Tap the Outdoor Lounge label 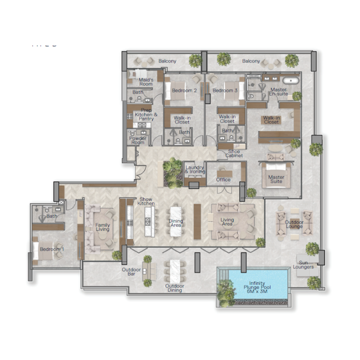tap(294, 224)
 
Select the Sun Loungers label tap(308, 264)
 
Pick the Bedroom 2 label tap(184, 90)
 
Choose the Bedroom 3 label tap(225, 90)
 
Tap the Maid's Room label tap(146, 82)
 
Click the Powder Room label tap(138, 140)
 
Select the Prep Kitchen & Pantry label tap(146, 115)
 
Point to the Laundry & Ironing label tap(195, 169)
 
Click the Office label tap(223, 180)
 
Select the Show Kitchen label tap(147, 201)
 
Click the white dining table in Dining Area tap(175, 220)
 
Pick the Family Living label tap(103, 227)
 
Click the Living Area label tap(227, 222)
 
